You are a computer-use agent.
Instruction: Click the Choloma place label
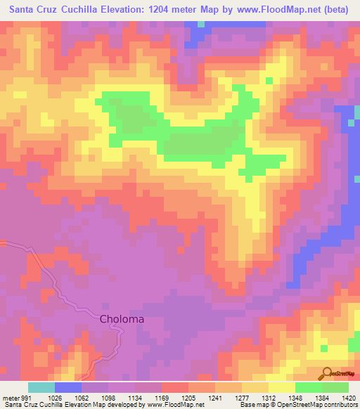tap(122, 319)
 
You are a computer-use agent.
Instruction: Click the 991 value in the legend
tap(27, 397)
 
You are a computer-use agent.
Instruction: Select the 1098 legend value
tap(106, 397)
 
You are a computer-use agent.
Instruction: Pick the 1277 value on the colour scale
tap(240, 397)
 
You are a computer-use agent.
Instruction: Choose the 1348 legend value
tap(294, 397)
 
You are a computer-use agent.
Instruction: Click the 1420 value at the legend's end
tap(346, 397)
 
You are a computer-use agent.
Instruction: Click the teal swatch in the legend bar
tap(41, 387)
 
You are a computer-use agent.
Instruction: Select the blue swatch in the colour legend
tap(68, 387)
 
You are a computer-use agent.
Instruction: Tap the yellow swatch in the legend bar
tap(281, 387)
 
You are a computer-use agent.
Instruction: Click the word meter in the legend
tap(10, 397)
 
